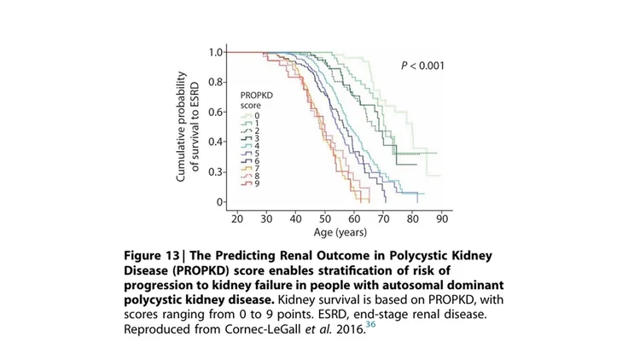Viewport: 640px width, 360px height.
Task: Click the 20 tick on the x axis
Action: click(x=236, y=218)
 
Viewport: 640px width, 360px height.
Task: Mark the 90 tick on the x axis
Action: click(x=441, y=218)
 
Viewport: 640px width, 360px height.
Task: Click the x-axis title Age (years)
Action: click(x=339, y=233)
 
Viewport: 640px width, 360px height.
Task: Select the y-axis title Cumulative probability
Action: click(x=182, y=127)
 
